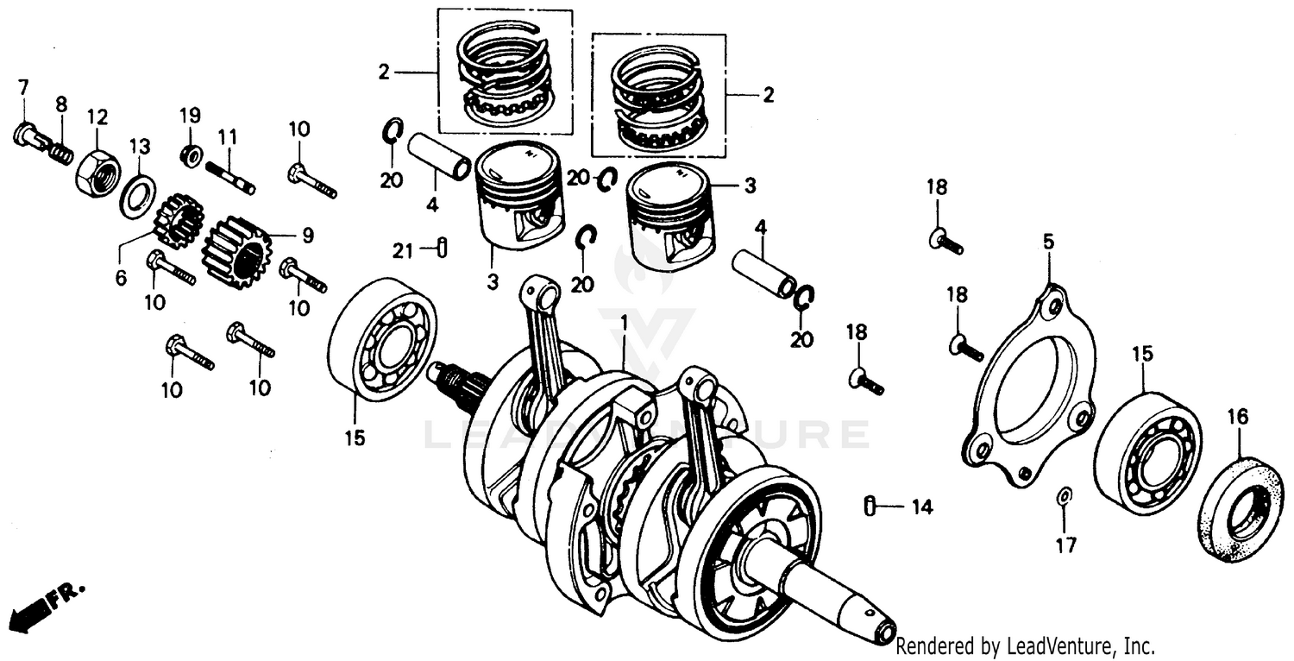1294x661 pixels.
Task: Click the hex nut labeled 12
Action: [x=97, y=172]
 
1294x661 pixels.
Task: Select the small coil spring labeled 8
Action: [x=60, y=152]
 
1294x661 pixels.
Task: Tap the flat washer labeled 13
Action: [x=136, y=196]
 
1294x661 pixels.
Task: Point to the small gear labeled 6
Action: [x=178, y=221]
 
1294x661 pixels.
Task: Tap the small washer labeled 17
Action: [x=1065, y=494]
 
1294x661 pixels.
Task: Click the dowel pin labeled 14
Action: [x=870, y=505]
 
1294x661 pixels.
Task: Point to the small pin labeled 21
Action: [x=442, y=247]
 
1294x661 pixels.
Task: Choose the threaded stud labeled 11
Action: [x=230, y=175]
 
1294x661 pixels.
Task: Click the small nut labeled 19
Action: [x=191, y=155]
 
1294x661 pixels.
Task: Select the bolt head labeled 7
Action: [x=26, y=136]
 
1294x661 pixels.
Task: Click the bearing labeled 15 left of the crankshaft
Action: [x=381, y=338]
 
